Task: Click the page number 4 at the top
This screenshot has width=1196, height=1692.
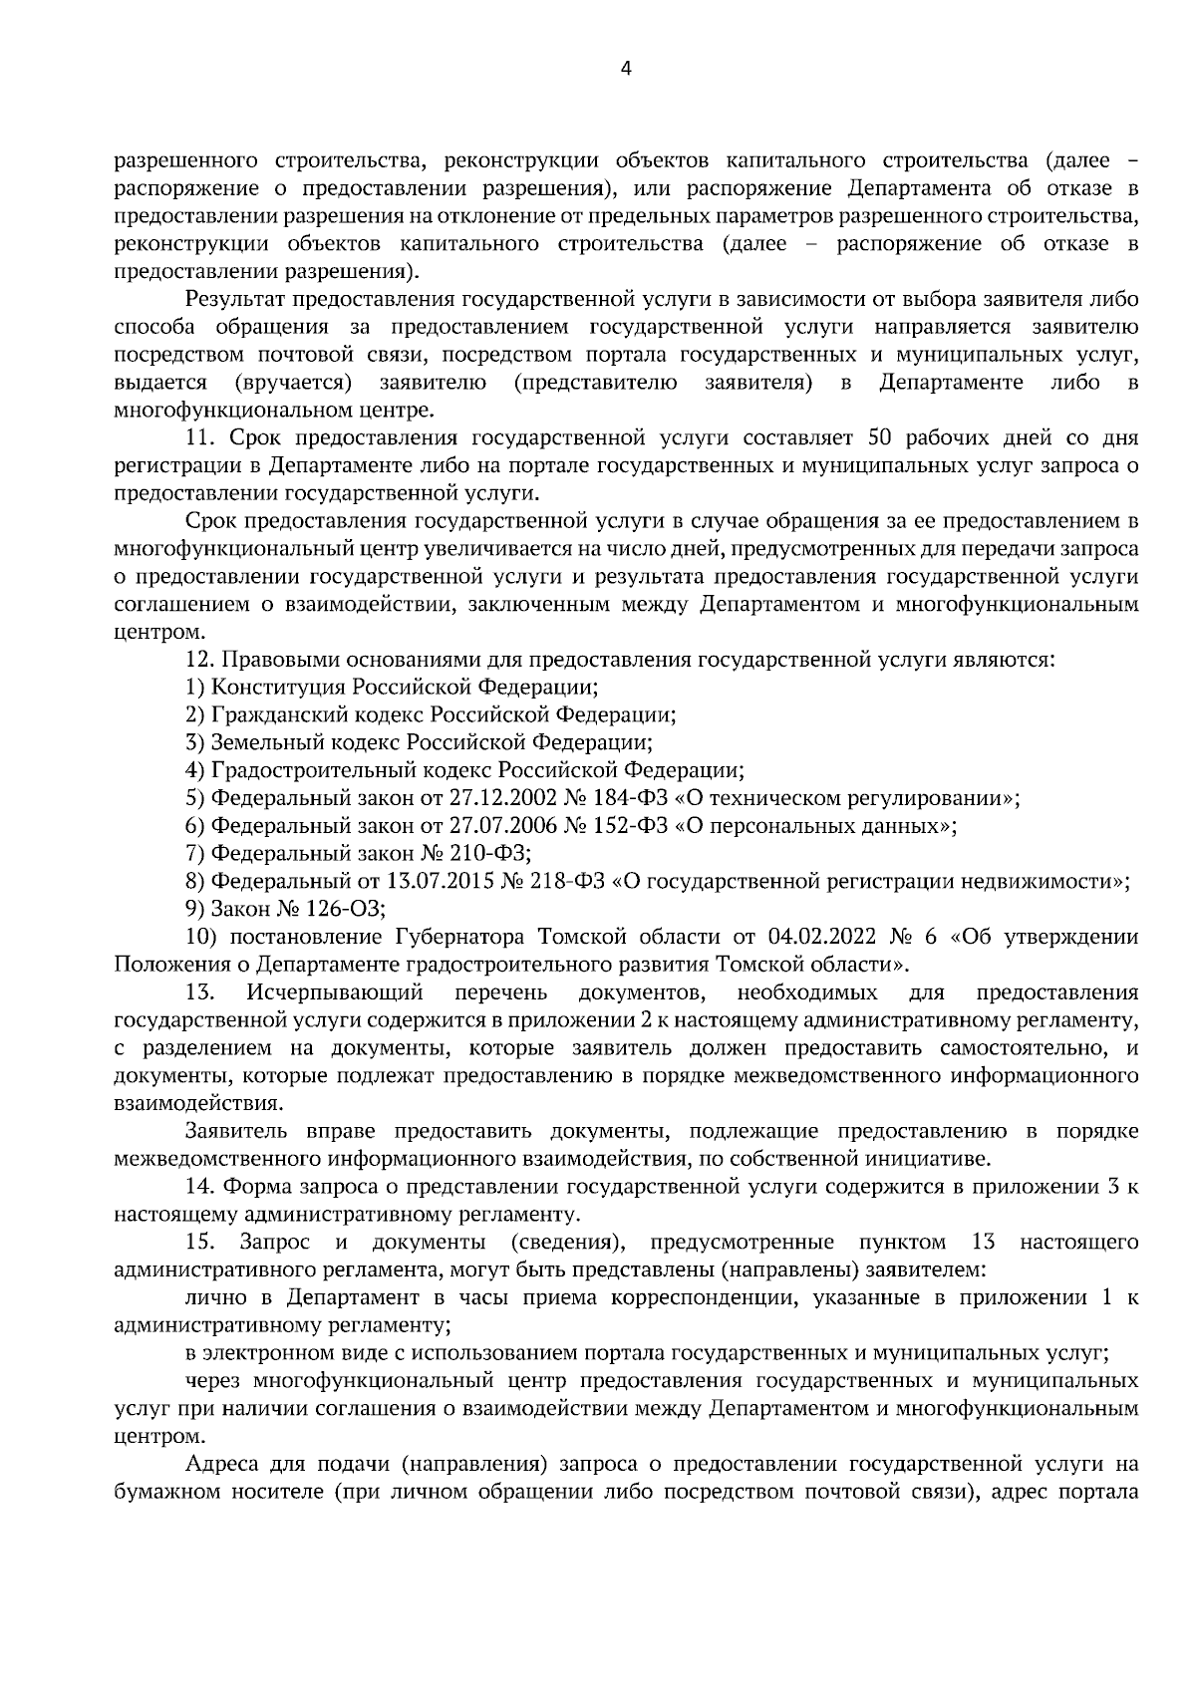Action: pos(626,69)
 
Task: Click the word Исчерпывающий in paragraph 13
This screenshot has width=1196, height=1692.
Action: pos(336,991)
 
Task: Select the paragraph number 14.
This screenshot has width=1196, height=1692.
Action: pos(200,1186)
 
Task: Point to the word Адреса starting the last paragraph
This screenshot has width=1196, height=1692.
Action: pos(220,1463)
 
